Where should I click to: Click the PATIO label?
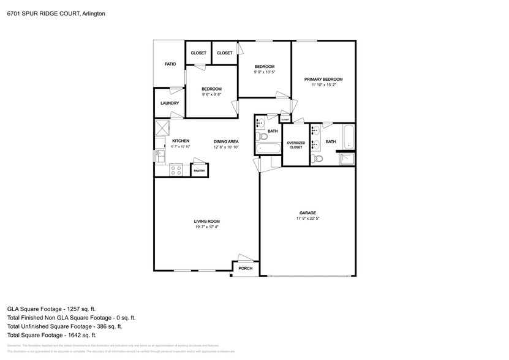point(170,64)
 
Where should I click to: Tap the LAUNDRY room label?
point(170,103)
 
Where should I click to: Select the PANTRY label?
point(200,171)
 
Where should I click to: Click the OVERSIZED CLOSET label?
point(295,145)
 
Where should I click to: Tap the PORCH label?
point(246,268)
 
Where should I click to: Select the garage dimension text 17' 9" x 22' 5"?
point(307,219)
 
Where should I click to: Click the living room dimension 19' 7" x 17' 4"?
point(206,227)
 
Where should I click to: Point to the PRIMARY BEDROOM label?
point(323,80)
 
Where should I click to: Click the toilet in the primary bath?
point(317,159)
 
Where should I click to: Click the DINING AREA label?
point(226,141)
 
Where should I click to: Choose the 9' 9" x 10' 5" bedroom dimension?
point(264,72)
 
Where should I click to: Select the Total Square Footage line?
point(51,335)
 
